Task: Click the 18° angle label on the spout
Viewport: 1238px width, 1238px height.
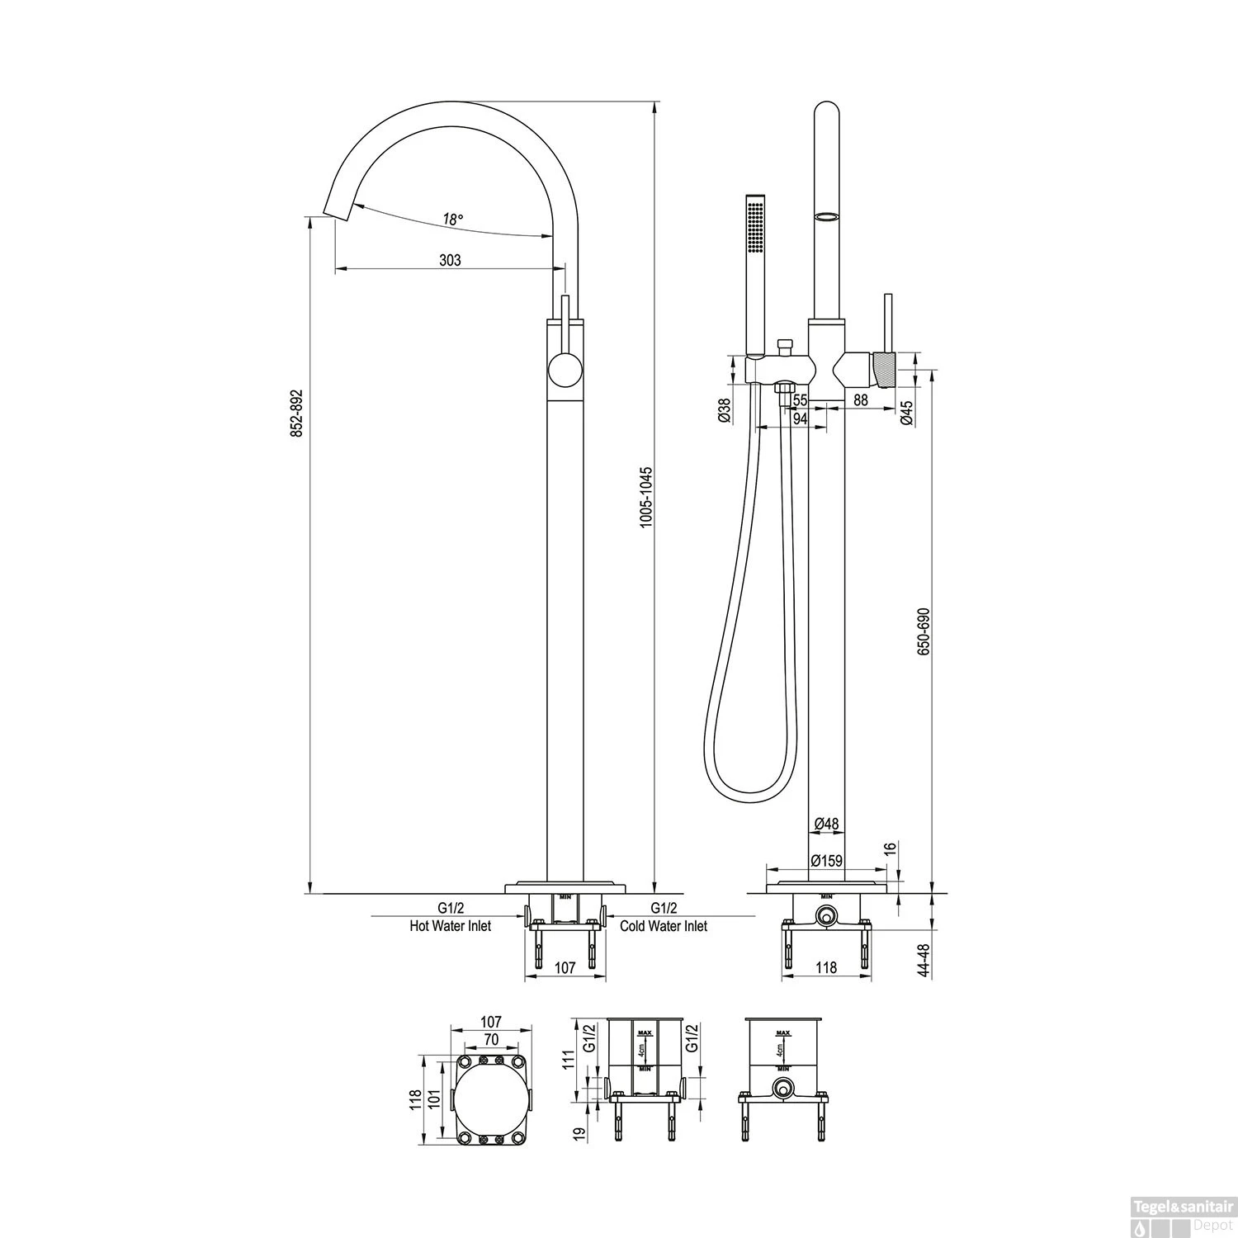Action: (452, 219)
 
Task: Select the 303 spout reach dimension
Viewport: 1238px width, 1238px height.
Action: (450, 260)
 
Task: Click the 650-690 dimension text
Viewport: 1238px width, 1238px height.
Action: (924, 632)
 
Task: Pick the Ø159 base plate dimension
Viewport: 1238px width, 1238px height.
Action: (826, 860)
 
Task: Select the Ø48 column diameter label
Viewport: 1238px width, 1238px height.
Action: (826, 823)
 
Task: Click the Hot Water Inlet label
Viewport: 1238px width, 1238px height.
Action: (451, 926)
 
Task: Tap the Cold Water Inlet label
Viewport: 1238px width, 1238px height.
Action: (664, 926)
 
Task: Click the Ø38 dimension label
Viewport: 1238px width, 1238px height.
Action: (724, 410)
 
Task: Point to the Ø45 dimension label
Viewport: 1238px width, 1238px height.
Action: (906, 412)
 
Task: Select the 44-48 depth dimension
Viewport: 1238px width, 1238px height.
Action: (924, 961)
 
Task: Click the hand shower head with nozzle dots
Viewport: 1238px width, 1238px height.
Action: (754, 227)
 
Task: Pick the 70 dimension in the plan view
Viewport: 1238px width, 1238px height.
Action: (491, 1040)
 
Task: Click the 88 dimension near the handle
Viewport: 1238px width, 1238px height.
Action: (861, 400)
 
